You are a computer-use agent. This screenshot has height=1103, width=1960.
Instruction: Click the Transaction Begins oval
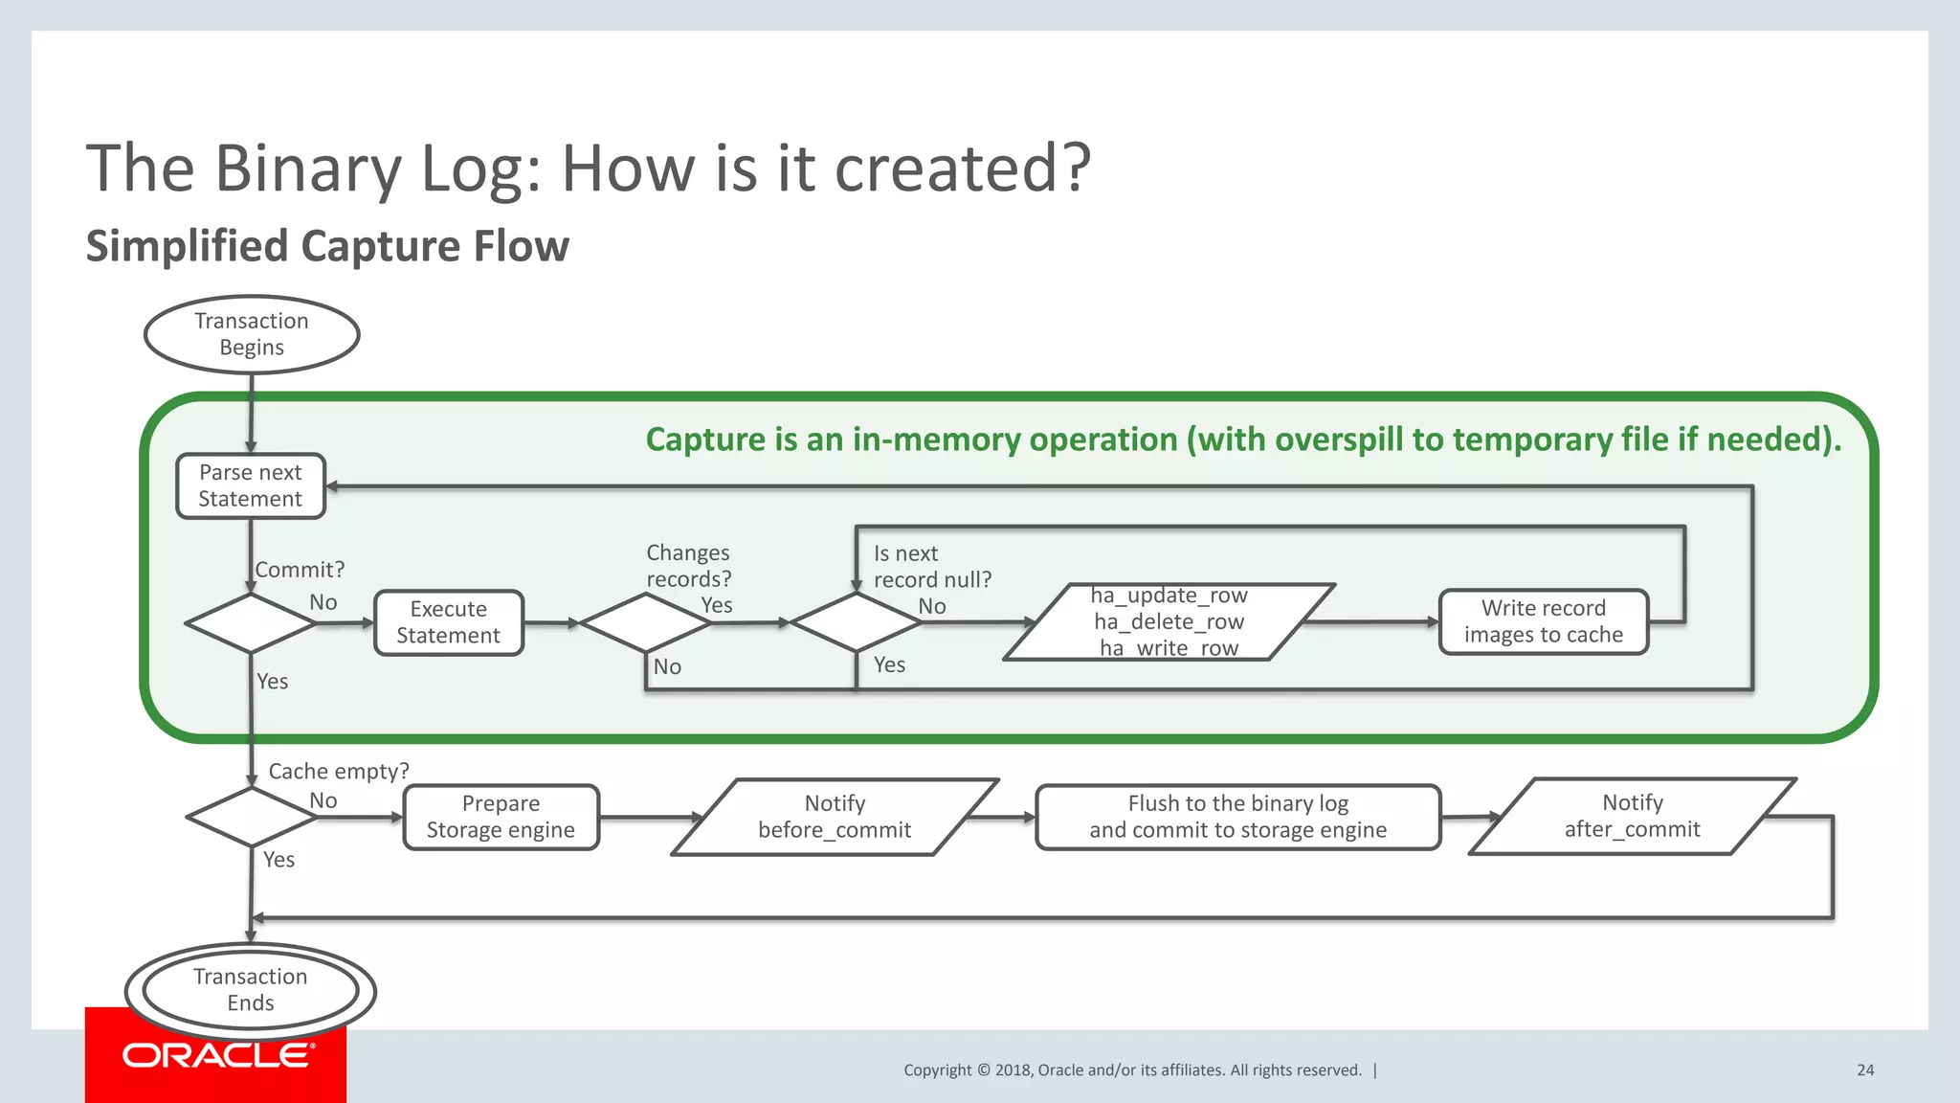(252, 334)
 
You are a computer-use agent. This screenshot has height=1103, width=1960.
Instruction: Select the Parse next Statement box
(251, 485)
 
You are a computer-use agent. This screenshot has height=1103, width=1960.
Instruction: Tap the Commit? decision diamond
(250, 623)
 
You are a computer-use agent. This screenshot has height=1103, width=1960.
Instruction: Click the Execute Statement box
(449, 622)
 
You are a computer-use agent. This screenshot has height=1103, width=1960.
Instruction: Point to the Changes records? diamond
(646, 623)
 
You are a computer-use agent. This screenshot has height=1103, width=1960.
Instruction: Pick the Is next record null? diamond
(857, 622)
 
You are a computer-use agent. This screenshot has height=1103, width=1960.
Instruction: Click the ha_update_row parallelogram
(1169, 622)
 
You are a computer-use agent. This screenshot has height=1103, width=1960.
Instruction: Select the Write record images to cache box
(1543, 621)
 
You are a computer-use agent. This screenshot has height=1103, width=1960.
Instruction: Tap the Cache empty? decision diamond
(250, 817)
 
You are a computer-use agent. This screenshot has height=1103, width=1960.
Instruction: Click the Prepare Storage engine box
(501, 817)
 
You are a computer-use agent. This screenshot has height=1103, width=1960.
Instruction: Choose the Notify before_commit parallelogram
(835, 817)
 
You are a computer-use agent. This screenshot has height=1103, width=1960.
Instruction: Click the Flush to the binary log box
(1237, 817)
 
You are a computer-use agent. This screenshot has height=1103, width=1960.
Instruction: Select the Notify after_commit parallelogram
(1632, 816)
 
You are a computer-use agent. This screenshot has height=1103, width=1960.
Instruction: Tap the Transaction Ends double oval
(251, 990)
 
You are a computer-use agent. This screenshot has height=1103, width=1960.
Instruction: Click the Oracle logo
(216, 1055)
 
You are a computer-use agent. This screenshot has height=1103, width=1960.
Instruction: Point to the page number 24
(1865, 1070)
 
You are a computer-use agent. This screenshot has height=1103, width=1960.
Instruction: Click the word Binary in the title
(308, 169)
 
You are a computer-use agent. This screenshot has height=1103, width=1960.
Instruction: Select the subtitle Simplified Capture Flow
(327, 246)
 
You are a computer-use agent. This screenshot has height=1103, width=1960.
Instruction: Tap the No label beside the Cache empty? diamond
(323, 800)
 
